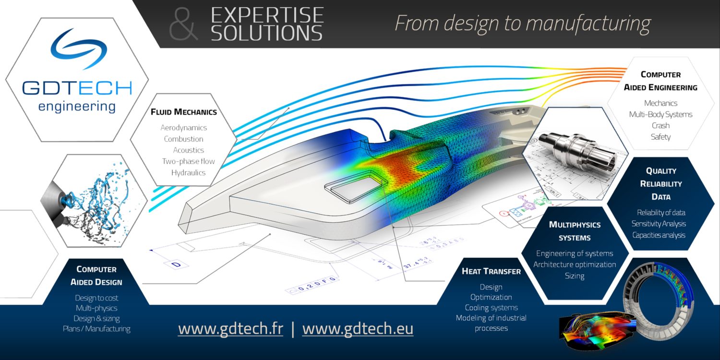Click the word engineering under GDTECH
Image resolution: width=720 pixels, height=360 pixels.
click(x=77, y=106)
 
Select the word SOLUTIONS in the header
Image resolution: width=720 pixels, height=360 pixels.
click(x=266, y=33)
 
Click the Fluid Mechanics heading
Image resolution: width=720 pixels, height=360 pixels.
click(x=184, y=112)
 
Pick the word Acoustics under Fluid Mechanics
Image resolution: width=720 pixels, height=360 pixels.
click(x=189, y=150)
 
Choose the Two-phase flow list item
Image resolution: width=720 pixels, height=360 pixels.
click(x=188, y=161)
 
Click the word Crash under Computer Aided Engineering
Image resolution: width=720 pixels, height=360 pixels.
click(x=660, y=125)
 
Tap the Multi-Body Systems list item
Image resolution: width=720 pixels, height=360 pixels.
click(x=660, y=114)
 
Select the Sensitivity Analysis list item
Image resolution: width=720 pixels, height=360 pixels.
click(x=659, y=224)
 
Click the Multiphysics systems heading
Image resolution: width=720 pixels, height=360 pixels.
click(x=575, y=231)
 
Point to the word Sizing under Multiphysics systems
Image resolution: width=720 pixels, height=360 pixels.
click(x=575, y=276)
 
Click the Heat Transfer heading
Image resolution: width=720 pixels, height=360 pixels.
click(x=491, y=272)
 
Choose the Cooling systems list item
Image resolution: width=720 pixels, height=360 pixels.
click(x=491, y=308)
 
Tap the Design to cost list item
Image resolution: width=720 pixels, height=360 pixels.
click(x=96, y=298)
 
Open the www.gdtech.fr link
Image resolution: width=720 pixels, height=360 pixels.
click(x=230, y=329)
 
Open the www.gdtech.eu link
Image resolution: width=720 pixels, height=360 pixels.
click(x=358, y=329)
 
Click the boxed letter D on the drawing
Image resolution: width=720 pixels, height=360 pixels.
click(x=176, y=265)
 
